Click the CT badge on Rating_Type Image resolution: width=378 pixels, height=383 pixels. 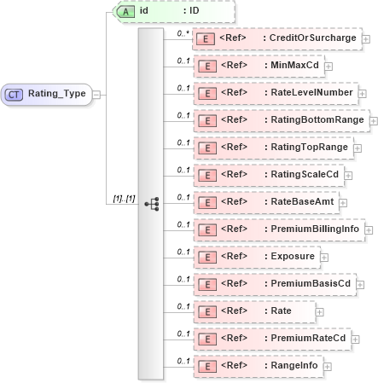pos(15,94)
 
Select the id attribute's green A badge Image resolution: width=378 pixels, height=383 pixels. pos(124,11)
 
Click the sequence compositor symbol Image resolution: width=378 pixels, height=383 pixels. pos(152,204)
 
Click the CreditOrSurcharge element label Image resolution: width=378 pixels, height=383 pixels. pos(311,38)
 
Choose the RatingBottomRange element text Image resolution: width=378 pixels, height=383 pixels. pos(316,120)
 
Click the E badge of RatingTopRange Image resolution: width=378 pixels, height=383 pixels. pos(206,148)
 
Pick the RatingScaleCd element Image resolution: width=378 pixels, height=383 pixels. pos(305,175)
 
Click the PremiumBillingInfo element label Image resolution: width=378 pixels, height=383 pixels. pos(314,229)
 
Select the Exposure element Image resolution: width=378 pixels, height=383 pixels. pos(294,256)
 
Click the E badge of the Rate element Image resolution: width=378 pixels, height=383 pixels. pos(206,311)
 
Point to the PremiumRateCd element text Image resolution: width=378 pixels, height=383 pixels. pos(307,339)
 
